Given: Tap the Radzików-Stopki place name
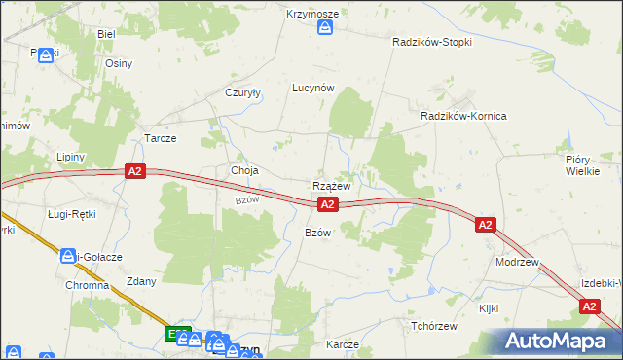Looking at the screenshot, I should [431, 43].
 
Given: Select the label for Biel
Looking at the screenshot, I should [106, 33].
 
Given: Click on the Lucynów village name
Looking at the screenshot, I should [313, 88].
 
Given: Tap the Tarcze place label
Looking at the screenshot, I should [160, 138].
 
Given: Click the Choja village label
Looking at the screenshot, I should [244, 171].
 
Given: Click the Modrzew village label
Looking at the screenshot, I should [517, 263].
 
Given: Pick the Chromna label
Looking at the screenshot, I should [87, 288].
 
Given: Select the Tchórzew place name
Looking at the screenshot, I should [434, 326].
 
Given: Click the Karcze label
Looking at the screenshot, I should [343, 345].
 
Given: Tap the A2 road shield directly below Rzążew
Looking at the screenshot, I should [328, 204].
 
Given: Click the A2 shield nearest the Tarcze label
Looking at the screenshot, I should [136, 172].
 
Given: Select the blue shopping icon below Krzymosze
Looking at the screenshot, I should [325, 28].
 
